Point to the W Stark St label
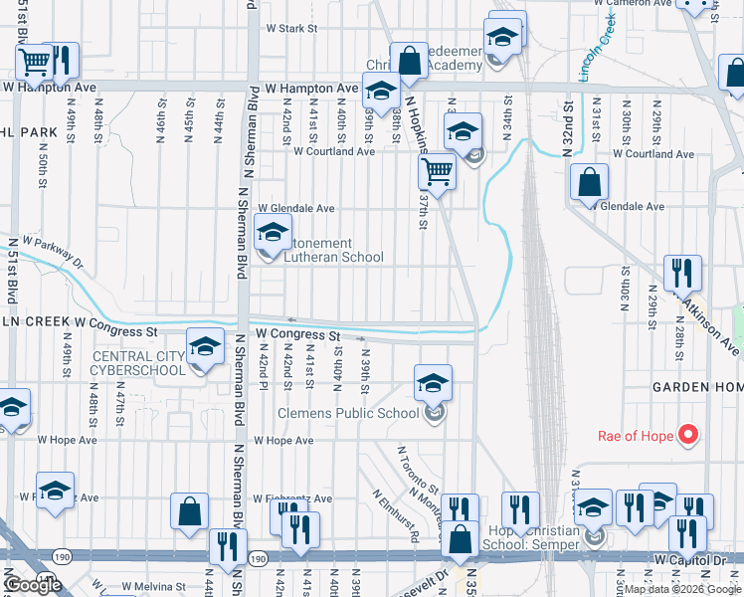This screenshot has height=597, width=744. tap(290, 29)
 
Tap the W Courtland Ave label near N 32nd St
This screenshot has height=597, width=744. tap(652, 154)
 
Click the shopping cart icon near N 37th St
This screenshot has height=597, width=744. tap(437, 172)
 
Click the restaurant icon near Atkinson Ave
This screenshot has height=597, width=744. tap(682, 272)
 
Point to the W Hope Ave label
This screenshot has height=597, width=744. tap(283, 440)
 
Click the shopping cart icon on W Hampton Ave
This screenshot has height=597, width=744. tap(35, 63)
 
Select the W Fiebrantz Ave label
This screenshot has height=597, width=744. tap(291, 498)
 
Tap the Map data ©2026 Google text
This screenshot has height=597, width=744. tap(680, 589)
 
